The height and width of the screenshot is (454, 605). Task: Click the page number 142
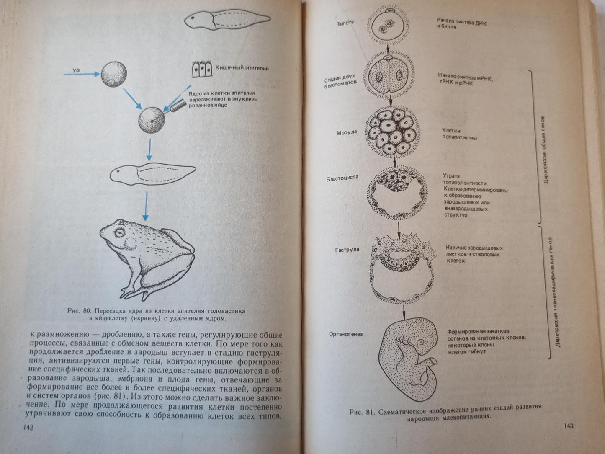pyautogui.click(x=28, y=427)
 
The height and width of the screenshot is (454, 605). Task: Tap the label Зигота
pyautogui.click(x=345, y=23)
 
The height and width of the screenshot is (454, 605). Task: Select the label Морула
pyautogui.click(x=347, y=133)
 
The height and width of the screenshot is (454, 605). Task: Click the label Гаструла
pyautogui.click(x=347, y=250)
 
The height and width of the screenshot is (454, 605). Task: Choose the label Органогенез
pyautogui.click(x=346, y=334)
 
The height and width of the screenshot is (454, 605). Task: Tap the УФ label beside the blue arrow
pyautogui.click(x=76, y=70)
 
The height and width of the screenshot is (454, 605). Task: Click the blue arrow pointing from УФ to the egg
pyautogui.click(x=82, y=74)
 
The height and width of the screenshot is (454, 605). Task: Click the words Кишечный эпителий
pyautogui.click(x=242, y=68)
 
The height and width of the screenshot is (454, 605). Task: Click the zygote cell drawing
pyautogui.click(x=388, y=26)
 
